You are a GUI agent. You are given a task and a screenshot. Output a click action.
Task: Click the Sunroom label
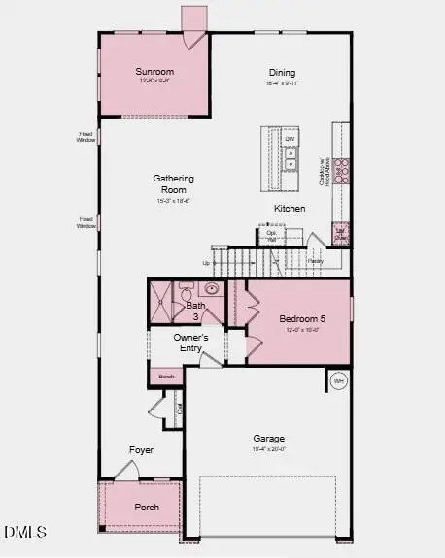point(154,71)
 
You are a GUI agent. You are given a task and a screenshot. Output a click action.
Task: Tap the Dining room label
point(282,73)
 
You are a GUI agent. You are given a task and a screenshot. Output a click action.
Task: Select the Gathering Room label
point(174,183)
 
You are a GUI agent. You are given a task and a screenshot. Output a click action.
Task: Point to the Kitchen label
point(290,209)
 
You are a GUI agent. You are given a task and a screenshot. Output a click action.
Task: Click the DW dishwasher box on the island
point(290,140)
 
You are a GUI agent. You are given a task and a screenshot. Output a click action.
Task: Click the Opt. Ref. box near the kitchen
point(272,236)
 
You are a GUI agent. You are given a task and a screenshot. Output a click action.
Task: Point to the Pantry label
point(316,260)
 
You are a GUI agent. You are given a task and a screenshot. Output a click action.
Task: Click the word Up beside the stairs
point(206,262)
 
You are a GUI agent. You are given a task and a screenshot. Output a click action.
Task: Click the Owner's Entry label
point(191,343)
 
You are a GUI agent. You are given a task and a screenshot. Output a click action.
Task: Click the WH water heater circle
point(338,380)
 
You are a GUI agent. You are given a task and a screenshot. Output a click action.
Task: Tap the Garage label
point(269,438)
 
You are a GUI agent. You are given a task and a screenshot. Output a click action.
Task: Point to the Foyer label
point(141,450)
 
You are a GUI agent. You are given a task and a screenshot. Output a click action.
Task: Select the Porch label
point(146,507)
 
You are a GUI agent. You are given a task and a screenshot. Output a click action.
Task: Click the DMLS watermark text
point(24,532)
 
